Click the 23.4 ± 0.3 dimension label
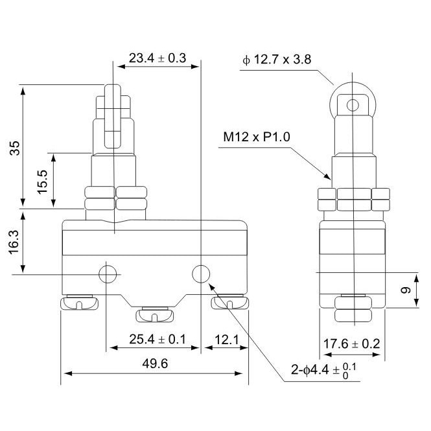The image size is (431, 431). pos(157,58)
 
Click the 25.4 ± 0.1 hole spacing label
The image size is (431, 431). pos(154,338)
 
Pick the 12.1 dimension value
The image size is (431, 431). pos(226,338)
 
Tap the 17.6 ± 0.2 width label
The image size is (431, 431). pos(352,344)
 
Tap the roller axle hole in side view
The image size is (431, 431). pos(353,105)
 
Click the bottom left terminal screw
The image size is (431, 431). pos(79,303)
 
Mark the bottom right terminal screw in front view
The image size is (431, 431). pos(230,303)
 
